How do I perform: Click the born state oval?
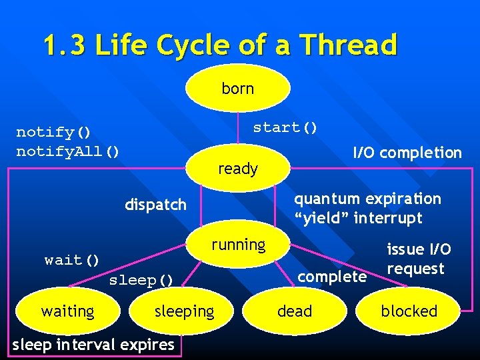[x=238, y=88]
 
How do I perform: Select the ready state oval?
[x=238, y=169]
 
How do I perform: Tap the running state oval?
[x=238, y=245]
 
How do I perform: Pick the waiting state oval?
[x=67, y=311]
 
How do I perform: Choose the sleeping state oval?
[x=184, y=311]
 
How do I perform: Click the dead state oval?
[x=294, y=311]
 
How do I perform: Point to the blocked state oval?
[x=409, y=311]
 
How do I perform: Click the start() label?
[x=285, y=127]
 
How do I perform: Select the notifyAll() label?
[x=68, y=151]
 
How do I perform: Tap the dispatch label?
[x=155, y=205]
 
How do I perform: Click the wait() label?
[x=72, y=260]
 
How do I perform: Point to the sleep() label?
[x=141, y=280]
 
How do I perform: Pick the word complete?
[x=332, y=276]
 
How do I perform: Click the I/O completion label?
[x=407, y=153]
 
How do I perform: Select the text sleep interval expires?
[x=93, y=345]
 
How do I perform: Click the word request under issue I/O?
[x=415, y=269]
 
